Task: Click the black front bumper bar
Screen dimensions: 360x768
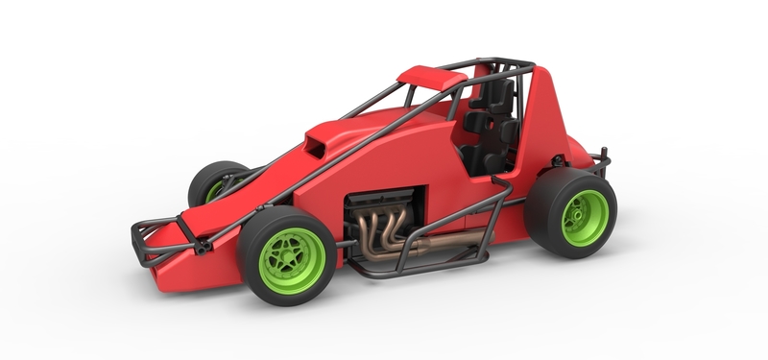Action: [154, 230]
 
